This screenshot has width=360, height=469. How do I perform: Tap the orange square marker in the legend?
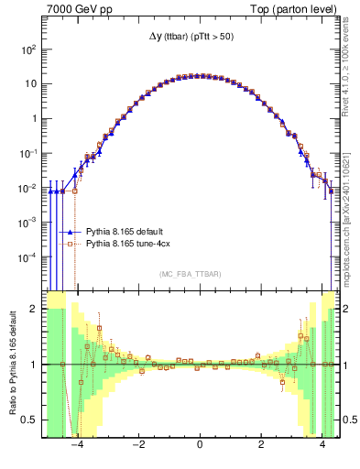coord(70,245)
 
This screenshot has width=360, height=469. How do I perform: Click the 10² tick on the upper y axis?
coord(28,49)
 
